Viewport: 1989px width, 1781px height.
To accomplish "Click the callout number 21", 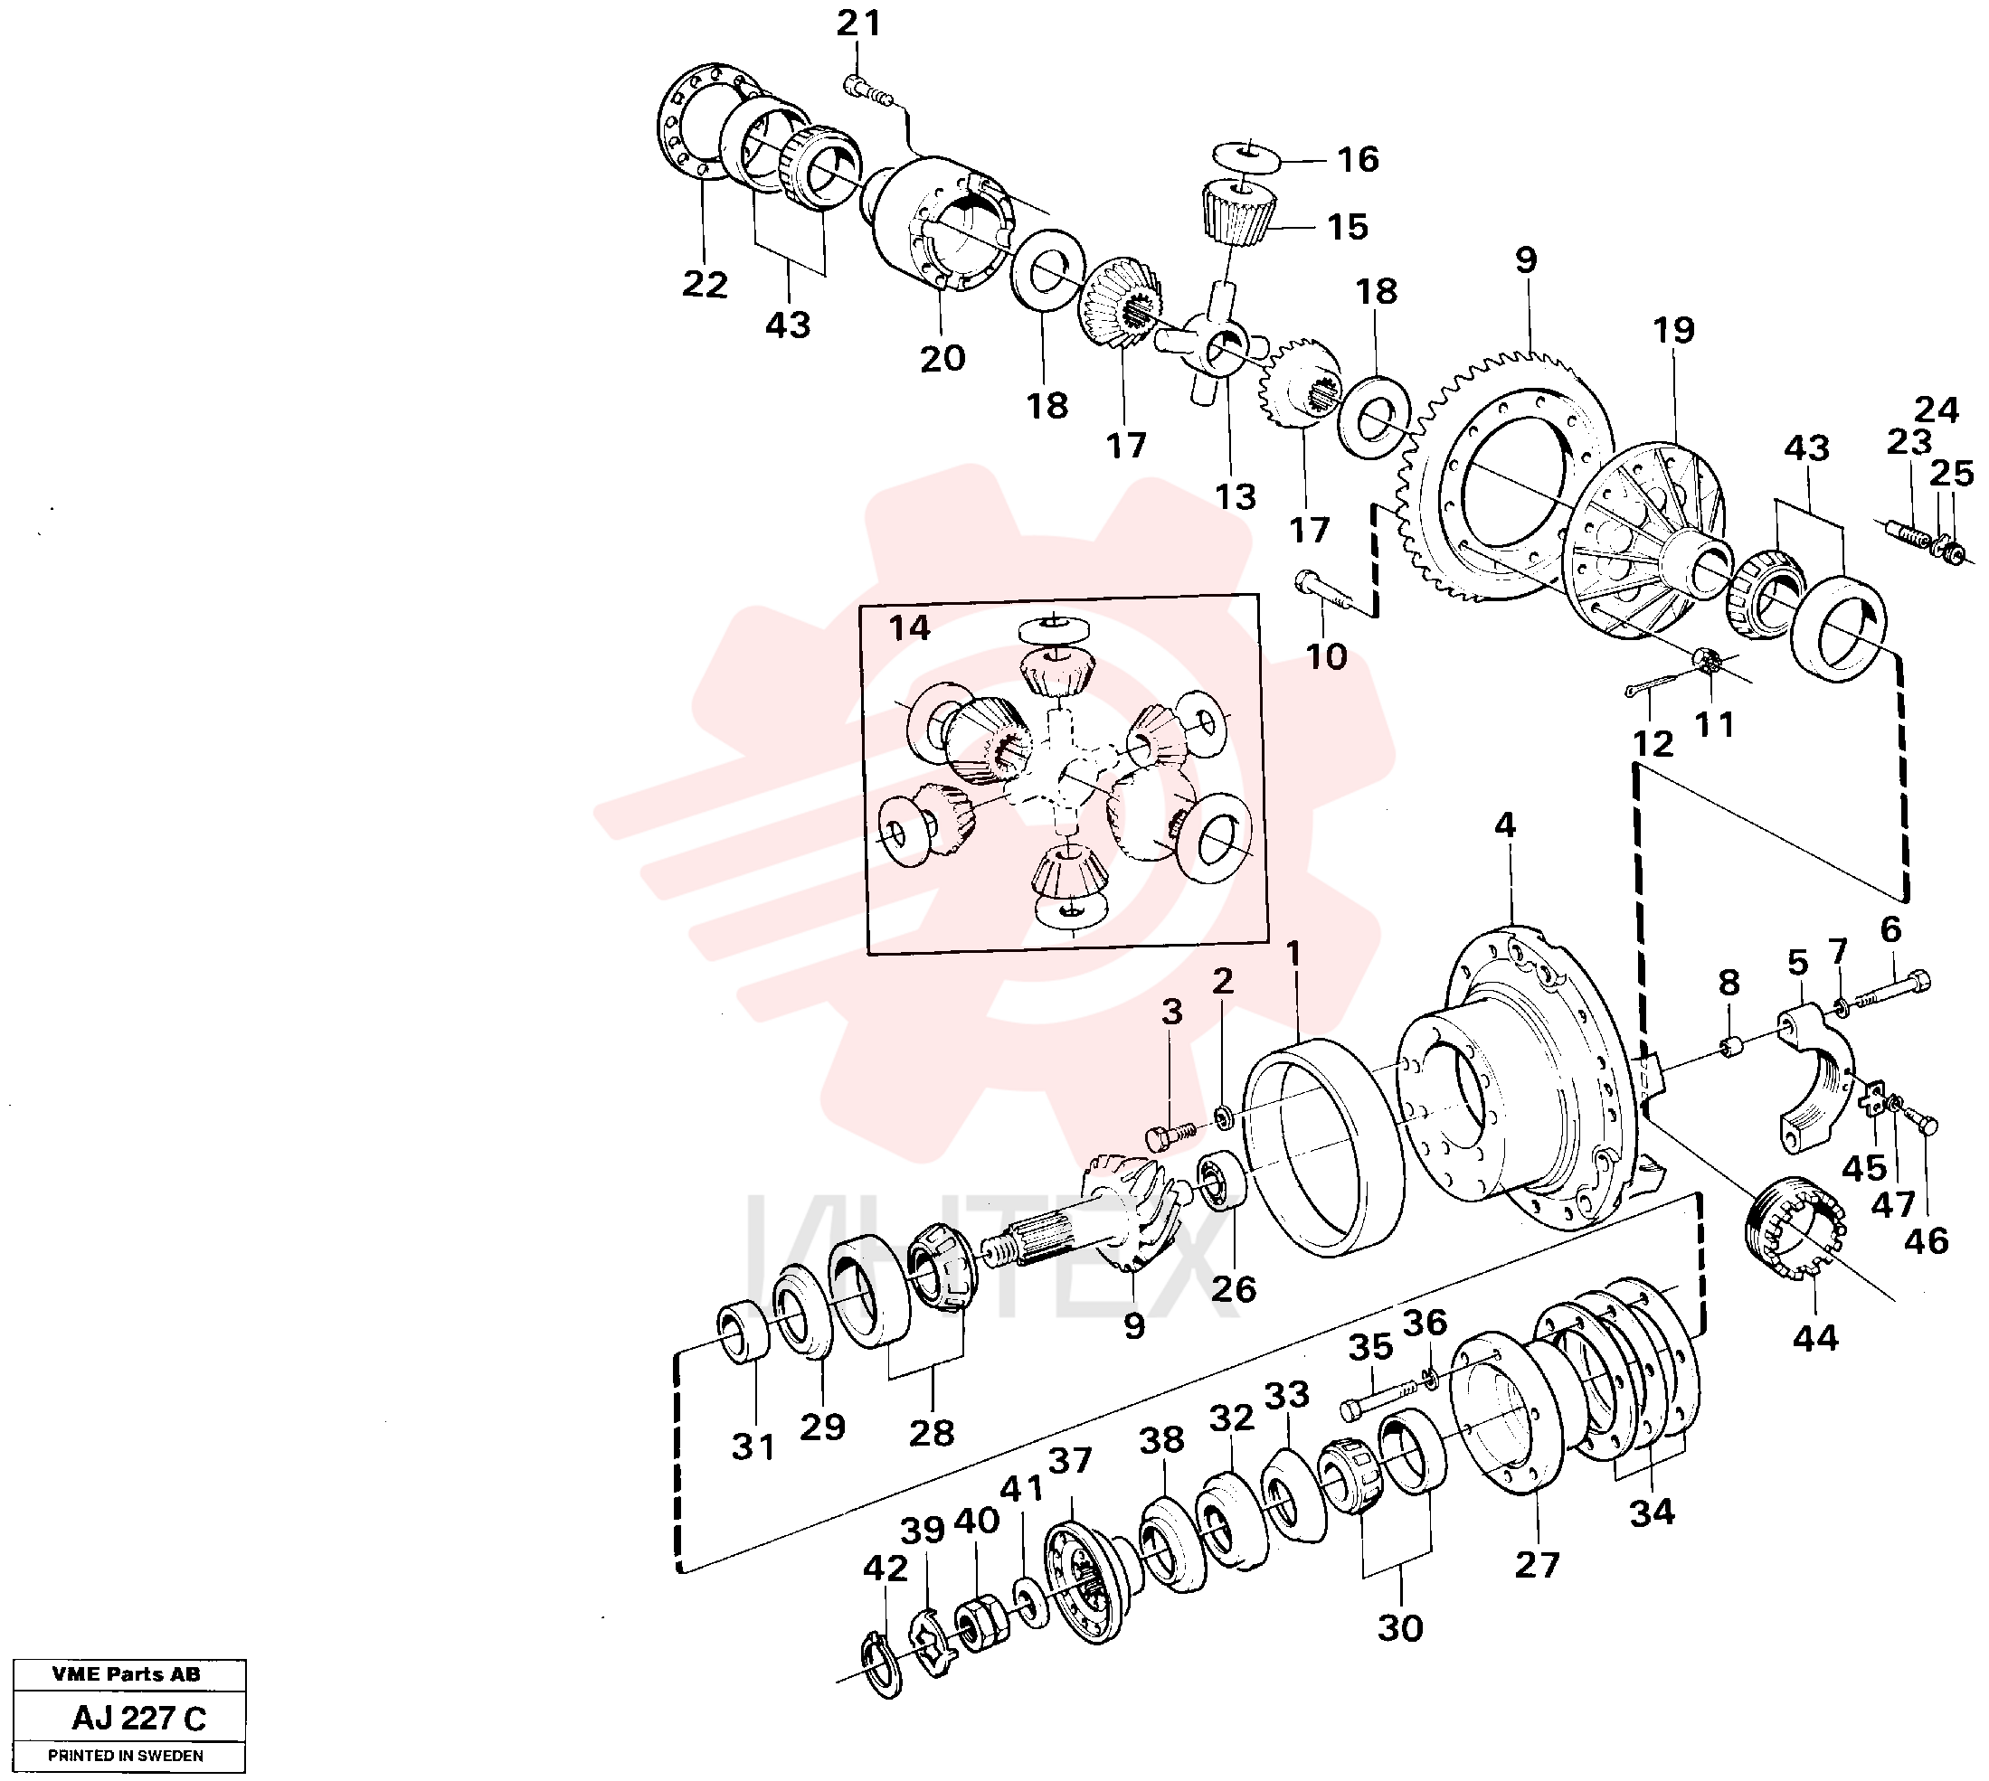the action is click(x=858, y=23).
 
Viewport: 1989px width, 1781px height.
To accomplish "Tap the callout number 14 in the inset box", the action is click(x=909, y=627).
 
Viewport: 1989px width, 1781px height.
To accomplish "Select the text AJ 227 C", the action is click(x=139, y=1718).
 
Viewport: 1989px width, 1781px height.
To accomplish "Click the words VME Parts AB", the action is click(x=127, y=1674).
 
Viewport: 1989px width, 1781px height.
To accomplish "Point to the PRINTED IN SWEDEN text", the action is click(x=127, y=1756).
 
